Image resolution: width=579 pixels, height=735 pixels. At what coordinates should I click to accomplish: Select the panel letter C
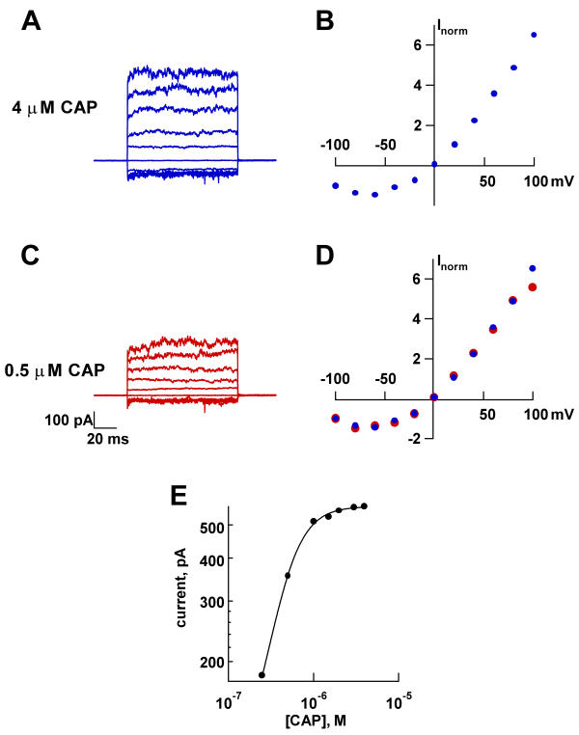point(31,256)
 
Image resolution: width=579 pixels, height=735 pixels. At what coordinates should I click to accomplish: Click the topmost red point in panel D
point(533,287)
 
